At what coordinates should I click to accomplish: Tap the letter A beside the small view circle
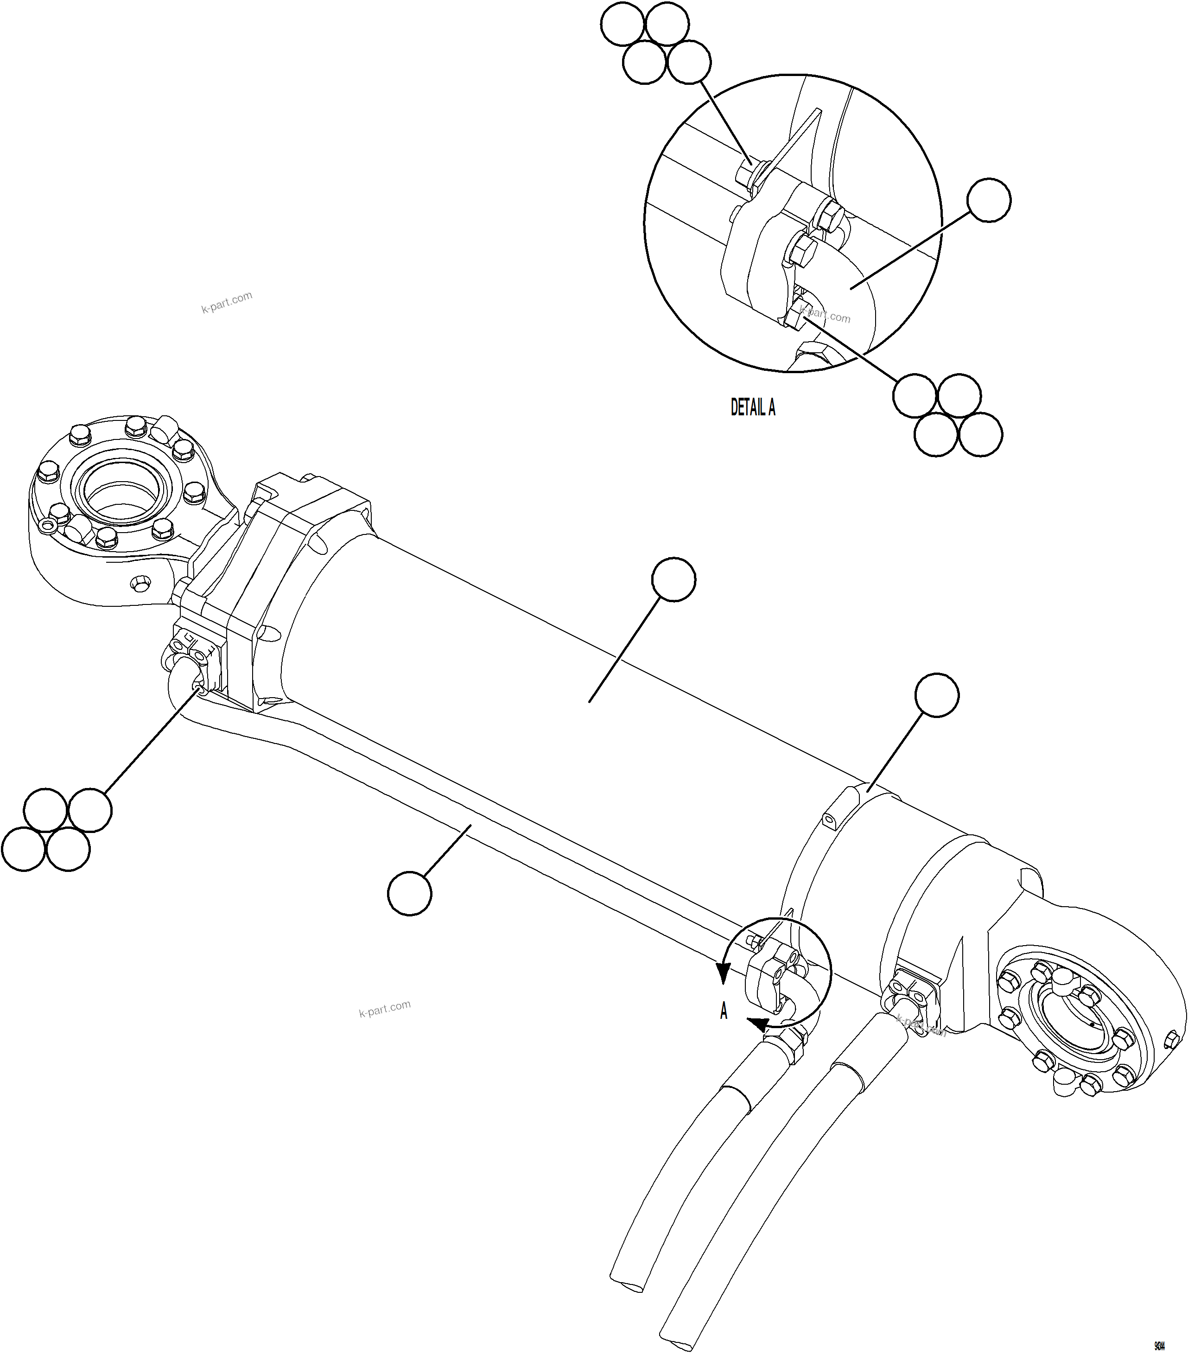[x=724, y=1011]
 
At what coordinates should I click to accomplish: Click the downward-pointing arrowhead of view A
[x=723, y=974]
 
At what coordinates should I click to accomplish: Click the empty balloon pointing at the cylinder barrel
[x=673, y=579]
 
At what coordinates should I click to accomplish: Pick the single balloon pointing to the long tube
[x=409, y=894]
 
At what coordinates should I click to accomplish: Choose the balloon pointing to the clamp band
[x=936, y=695]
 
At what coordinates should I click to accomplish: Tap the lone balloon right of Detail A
[x=989, y=199]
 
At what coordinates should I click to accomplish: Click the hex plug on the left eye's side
[x=140, y=584]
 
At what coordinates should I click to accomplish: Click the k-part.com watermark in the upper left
[x=227, y=303]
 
